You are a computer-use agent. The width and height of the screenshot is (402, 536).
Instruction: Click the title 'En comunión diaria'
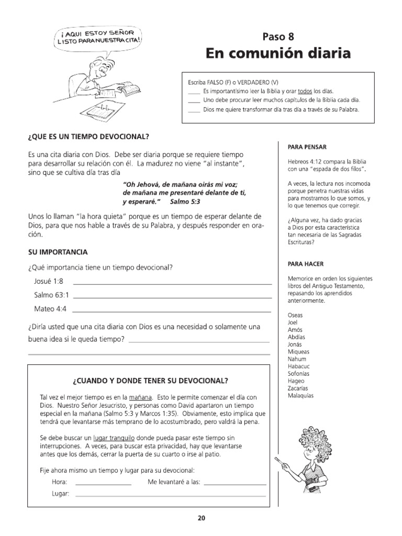[x=278, y=54]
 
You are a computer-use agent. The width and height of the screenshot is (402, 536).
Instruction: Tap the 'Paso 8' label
[x=278, y=36]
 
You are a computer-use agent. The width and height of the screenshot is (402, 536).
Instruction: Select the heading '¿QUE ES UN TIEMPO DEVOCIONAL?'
[x=88, y=137]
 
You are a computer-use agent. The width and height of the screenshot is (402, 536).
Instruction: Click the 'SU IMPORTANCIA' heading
[x=58, y=252]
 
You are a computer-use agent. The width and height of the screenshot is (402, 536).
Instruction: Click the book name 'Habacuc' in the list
[x=299, y=366]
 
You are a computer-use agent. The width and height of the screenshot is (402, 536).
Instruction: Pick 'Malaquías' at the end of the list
[x=300, y=396]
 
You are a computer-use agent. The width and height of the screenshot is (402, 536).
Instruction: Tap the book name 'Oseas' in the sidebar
[x=295, y=316]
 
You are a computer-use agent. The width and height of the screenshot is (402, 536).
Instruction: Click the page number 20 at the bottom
[x=201, y=519]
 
